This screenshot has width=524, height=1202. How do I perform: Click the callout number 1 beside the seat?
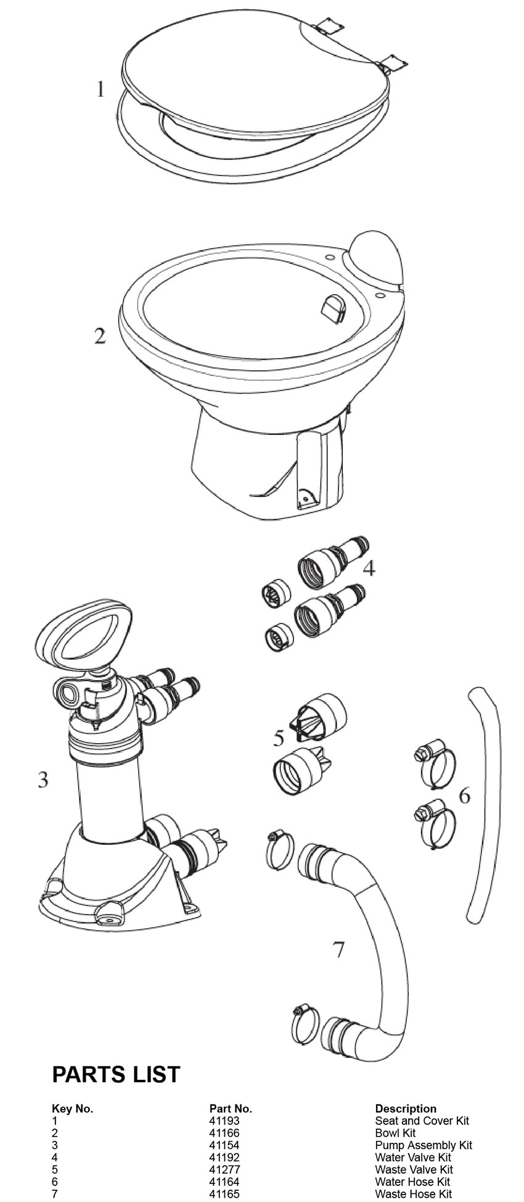pos(100,89)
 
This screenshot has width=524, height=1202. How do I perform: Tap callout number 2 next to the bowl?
pos(99,336)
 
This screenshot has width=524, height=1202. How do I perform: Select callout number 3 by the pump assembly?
pos(43,780)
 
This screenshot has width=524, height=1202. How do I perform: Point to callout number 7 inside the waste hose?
pos(338,950)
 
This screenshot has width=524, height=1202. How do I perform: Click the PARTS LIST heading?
pos(116,1074)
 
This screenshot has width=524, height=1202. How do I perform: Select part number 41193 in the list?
pos(224,1121)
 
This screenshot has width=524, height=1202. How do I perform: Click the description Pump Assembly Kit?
pos(423,1145)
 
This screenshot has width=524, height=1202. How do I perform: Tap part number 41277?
pos(224,1169)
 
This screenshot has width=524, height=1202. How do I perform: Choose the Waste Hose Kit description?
pos(413,1194)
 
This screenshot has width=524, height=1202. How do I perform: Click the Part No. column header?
pos(231,1108)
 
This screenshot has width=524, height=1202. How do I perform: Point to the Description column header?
pos(405,1108)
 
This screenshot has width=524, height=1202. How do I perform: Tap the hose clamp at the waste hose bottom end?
pos(303,1024)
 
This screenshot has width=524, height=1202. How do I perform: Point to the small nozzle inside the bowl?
pos(334,307)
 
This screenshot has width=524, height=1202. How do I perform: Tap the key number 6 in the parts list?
pos(55,1182)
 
